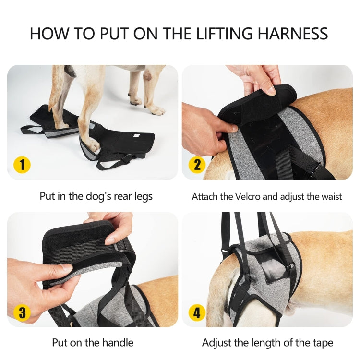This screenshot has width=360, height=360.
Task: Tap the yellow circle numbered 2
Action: pyautogui.click(x=196, y=165)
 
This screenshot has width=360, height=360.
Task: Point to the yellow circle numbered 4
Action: pyautogui.click(x=196, y=312)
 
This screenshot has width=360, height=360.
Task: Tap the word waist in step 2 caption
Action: pyautogui.click(x=330, y=196)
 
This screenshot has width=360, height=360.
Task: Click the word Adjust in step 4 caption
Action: pyautogui.click(x=218, y=343)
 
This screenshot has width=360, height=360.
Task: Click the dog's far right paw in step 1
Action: pyautogui.click(x=156, y=110)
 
